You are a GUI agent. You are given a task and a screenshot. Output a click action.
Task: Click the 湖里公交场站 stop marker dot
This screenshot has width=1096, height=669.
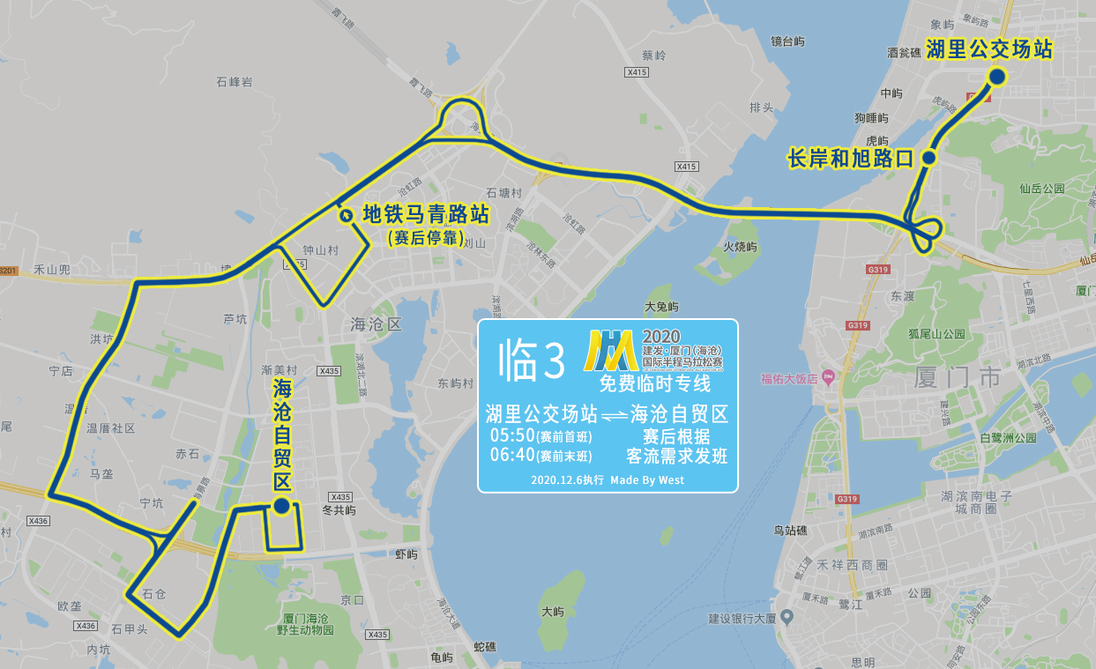click(996, 77)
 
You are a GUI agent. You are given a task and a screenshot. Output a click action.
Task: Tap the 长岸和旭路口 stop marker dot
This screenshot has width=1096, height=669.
click(928, 158)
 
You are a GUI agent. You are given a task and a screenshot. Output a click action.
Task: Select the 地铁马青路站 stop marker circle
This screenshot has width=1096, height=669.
click(345, 214)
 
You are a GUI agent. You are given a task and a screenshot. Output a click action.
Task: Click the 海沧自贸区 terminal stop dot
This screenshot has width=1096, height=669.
click(280, 506)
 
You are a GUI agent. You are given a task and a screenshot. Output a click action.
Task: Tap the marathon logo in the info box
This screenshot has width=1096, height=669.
click(611, 351)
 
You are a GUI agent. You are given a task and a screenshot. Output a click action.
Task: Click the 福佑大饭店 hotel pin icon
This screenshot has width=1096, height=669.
click(827, 378)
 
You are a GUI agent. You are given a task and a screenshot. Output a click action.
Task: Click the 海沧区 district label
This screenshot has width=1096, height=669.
click(376, 324)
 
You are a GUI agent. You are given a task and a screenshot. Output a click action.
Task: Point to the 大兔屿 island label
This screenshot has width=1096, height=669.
click(661, 307)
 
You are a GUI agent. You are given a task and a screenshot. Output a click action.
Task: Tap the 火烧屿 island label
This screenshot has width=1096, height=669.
click(740, 248)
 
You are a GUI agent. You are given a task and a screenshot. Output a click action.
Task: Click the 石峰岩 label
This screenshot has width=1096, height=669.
click(235, 82)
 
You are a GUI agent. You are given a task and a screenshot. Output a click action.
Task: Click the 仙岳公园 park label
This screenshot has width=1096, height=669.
click(1042, 189)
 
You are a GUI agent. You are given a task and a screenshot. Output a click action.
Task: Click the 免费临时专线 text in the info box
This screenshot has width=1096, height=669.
click(654, 383)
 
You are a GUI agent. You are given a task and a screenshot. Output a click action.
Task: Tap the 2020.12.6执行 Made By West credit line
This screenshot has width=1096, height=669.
click(608, 480)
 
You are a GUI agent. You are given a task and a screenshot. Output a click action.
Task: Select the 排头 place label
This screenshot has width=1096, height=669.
click(761, 108)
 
